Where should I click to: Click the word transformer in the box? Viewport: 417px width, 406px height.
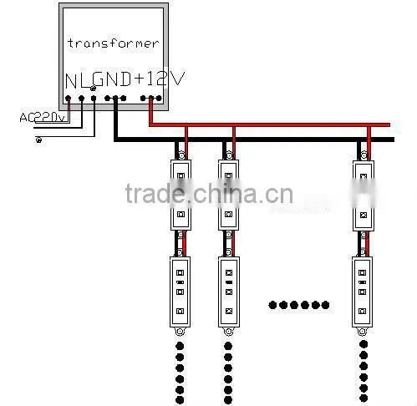point(113,43)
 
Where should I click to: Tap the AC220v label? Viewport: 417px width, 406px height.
point(43,118)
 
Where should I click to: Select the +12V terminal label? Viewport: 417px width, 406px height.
point(160,79)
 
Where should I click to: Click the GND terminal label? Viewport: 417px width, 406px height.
point(111,79)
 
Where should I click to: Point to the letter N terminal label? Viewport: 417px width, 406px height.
point(71,81)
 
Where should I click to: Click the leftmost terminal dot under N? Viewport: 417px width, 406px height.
point(68,98)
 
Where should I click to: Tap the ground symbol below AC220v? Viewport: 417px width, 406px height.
point(39,140)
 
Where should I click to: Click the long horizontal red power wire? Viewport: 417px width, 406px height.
point(270,124)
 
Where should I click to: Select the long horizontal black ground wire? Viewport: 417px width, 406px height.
point(254,140)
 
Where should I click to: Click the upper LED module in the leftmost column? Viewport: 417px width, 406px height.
point(181,195)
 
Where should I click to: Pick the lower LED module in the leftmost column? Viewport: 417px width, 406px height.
point(181,292)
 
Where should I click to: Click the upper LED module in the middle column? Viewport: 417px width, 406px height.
point(228,195)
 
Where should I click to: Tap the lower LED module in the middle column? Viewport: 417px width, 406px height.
point(229,292)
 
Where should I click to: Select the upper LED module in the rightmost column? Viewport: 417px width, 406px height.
point(364,195)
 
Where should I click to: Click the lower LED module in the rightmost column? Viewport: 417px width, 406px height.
point(362,292)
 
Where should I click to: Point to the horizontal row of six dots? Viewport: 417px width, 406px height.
point(299,305)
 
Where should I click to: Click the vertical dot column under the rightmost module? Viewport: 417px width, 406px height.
point(364,371)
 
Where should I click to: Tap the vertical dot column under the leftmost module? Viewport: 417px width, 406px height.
point(180,373)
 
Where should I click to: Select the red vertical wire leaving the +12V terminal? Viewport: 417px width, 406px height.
point(151,111)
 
